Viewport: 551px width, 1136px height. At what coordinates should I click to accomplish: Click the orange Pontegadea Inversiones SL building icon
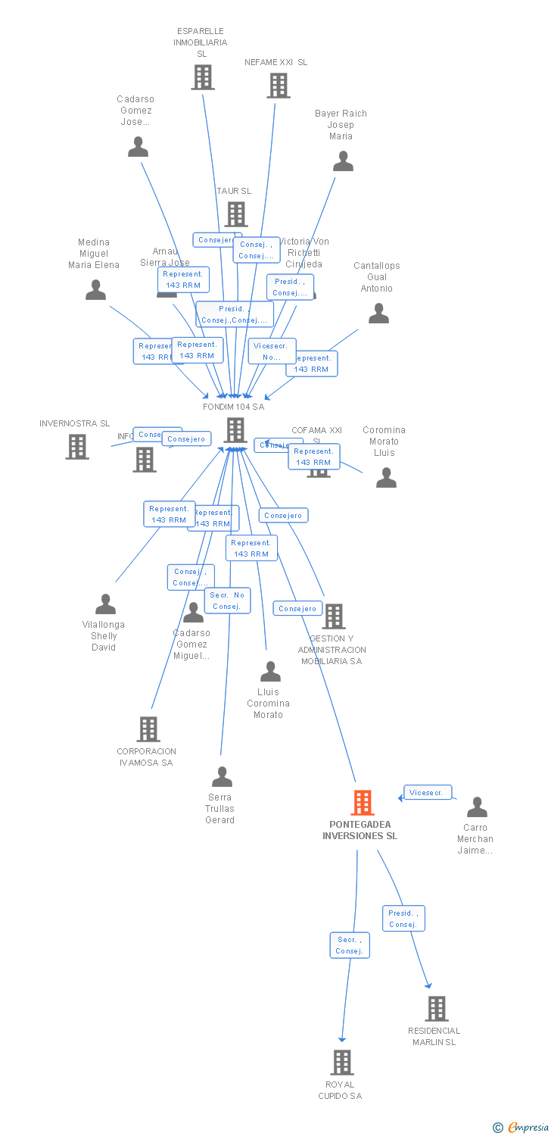click(363, 803)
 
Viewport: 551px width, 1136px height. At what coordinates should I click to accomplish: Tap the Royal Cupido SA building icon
click(342, 1063)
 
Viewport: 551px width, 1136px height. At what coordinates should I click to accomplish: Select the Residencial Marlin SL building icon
click(436, 1009)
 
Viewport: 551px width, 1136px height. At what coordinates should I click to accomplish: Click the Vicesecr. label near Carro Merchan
click(428, 793)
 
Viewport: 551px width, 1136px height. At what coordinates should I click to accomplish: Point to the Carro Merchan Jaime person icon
click(476, 807)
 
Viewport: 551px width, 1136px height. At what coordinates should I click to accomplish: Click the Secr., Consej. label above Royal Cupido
click(350, 945)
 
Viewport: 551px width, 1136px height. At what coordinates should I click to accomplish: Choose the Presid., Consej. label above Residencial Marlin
click(403, 919)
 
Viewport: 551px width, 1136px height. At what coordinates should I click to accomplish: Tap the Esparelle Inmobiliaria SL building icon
click(202, 77)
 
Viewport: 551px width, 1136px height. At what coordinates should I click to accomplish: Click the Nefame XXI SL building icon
click(278, 86)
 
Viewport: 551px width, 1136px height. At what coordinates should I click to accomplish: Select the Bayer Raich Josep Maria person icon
click(343, 161)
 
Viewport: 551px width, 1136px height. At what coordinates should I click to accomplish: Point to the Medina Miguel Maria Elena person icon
click(95, 290)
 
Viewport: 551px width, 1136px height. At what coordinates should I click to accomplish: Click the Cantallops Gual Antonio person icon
click(378, 314)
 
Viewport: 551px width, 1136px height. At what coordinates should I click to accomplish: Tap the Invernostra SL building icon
click(76, 447)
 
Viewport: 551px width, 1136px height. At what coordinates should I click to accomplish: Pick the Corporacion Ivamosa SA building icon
click(148, 729)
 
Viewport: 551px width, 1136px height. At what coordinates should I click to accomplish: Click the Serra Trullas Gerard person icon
click(222, 777)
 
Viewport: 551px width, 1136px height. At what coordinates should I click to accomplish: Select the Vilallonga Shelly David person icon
click(105, 604)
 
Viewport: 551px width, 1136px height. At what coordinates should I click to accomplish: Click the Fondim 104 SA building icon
click(235, 430)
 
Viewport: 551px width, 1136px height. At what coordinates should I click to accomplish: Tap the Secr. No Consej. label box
click(227, 601)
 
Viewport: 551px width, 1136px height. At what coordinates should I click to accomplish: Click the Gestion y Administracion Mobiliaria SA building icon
click(333, 616)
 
